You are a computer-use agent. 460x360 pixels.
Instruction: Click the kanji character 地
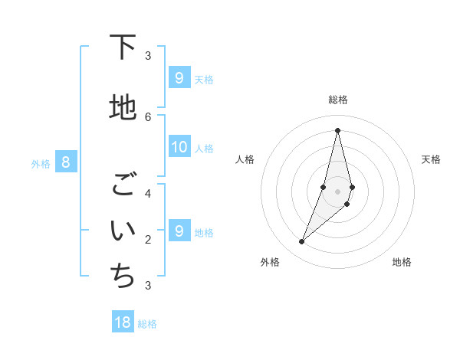tap(123, 108)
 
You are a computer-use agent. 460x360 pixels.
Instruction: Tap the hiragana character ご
tap(123, 185)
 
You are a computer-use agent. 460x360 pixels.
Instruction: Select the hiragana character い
tap(123, 230)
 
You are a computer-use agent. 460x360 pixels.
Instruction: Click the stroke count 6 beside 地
tap(148, 116)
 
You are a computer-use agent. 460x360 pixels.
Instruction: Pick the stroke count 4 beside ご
tap(148, 193)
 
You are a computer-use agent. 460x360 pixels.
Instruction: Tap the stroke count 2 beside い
tap(148, 239)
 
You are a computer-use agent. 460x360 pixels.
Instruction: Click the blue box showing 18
tap(123, 322)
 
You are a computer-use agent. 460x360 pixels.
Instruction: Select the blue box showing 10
tap(179, 148)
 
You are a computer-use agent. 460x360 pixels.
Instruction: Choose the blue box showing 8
tap(66, 162)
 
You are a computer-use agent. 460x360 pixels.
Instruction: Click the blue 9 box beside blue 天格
tap(179, 78)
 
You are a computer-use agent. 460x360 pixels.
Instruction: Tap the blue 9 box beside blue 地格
tap(179, 231)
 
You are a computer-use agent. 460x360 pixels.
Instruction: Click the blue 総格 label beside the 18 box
tap(147, 324)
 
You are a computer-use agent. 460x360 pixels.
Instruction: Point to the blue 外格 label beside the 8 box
tap(41, 163)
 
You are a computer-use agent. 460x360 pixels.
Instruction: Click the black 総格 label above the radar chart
tap(338, 100)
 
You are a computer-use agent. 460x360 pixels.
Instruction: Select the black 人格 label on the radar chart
tap(245, 159)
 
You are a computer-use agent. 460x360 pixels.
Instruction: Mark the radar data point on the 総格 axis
tap(337, 130)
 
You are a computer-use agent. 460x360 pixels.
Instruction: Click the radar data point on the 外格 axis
tap(301, 242)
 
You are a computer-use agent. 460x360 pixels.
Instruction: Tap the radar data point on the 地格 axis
tap(347, 204)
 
